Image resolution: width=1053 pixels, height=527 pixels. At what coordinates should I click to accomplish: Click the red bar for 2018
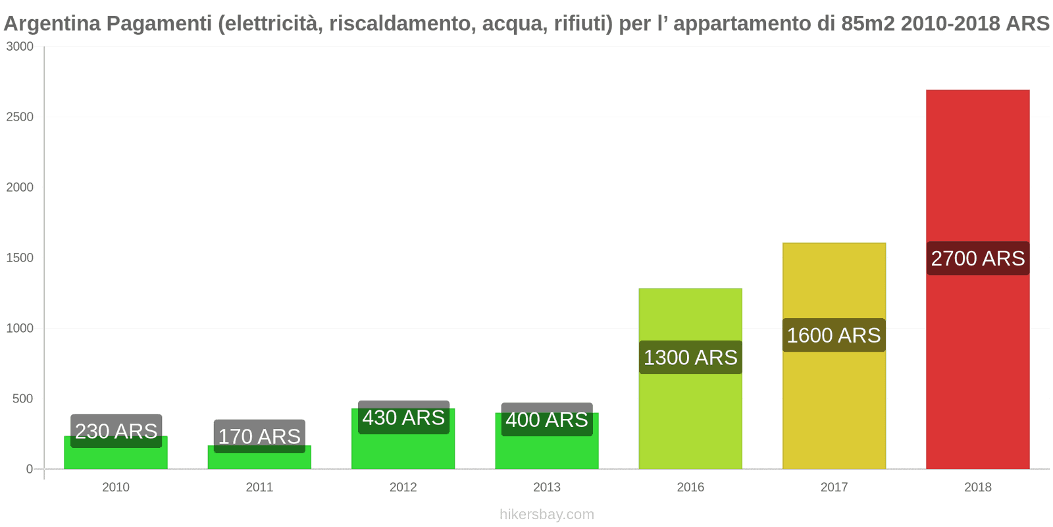[x=977, y=362]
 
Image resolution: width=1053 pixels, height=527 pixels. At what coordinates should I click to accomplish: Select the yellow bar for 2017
[x=834, y=408]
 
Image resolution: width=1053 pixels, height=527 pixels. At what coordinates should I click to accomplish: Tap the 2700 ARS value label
[x=977, y=258]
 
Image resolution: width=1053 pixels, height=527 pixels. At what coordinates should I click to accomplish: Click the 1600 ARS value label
[x=834, y=335]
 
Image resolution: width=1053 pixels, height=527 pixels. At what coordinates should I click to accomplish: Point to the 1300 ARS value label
[x=690, y=358]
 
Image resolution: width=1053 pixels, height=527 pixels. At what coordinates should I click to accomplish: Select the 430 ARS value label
[x=403, y=418]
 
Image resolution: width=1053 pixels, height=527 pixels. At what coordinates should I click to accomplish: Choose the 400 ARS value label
[x=547, y=420]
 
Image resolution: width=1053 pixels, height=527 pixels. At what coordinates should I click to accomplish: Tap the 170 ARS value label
[x=259, y=436]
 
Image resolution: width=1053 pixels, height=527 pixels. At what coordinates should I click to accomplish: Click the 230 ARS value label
[x=116, y=431]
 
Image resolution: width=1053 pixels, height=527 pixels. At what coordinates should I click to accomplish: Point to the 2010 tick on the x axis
[x=116, y=487]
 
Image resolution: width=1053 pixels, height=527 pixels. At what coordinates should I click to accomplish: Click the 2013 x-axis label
[x=547, y=487]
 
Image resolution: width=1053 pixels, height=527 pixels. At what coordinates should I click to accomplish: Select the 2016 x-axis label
[x=690, y=487]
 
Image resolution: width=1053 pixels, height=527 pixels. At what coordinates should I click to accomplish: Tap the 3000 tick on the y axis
[x=20, y=47]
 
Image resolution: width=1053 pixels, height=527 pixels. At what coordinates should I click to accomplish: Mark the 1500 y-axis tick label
[x=20, y=258]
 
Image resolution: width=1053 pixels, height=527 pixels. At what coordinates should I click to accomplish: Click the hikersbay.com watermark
[x=546, y=514]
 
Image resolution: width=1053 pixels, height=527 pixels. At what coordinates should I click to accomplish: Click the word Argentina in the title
[x=52, y=24]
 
